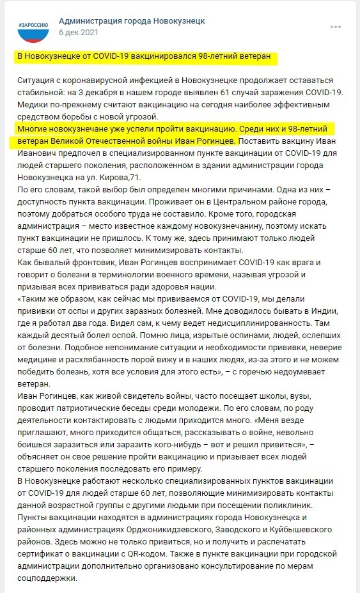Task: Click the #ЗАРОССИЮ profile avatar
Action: [33, 27]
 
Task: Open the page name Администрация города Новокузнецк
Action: [132, 20]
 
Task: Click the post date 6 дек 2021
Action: [79, 31]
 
